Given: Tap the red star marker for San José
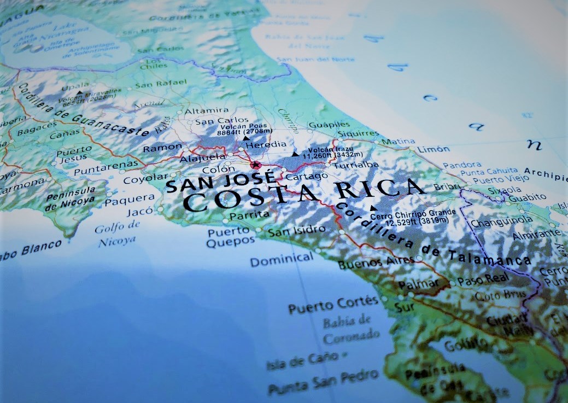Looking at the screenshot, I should [255, 165].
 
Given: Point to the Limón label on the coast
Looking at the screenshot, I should [433, 149].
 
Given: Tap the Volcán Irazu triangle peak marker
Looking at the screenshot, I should [295, 154].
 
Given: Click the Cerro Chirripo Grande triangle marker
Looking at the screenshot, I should [373, 208].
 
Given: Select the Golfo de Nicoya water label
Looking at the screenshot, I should [117, 234].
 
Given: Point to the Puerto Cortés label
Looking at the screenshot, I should [333, 305].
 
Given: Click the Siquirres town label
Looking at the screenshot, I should [358, 133].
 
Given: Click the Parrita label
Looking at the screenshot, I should [249, 214].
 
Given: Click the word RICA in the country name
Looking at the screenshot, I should [379, 189].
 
